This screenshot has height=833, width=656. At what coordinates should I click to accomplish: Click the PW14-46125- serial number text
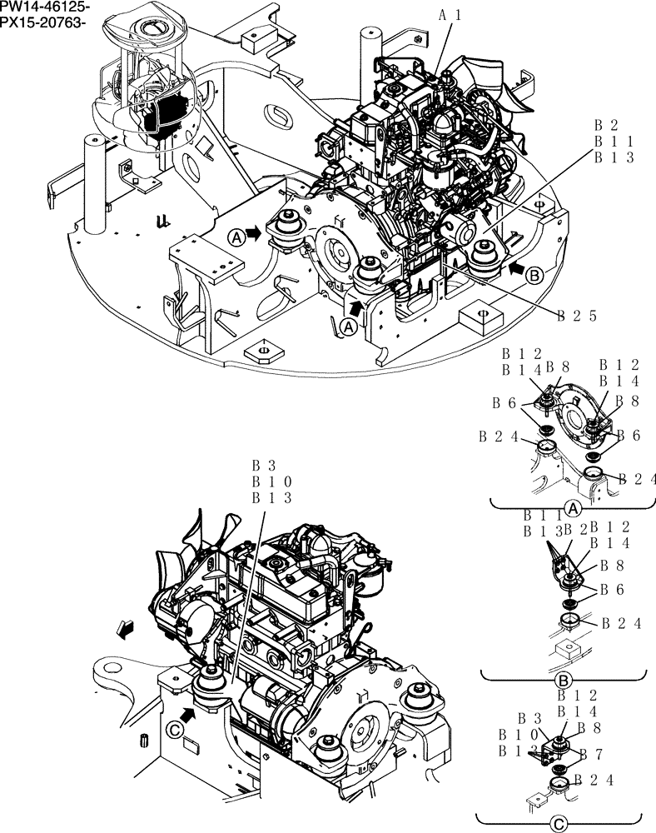coord(44,7)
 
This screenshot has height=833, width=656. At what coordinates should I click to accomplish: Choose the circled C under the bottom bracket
coord(560,824)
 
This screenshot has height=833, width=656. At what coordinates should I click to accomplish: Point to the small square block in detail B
coord(569,647)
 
